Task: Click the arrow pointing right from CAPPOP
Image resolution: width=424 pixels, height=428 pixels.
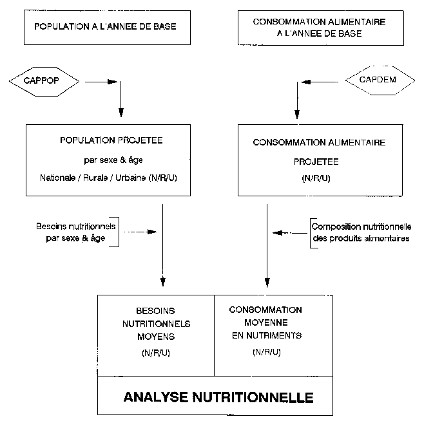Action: [100, 82]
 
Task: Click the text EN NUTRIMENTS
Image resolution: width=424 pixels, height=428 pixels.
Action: [265, 335]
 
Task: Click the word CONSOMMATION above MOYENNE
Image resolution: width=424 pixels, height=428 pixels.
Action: [265, 310]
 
